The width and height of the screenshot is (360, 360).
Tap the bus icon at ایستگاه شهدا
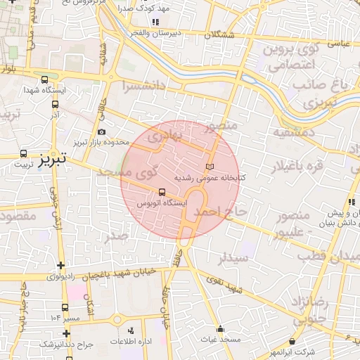[x=45, y=79]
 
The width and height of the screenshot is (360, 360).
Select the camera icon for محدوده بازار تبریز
[x=103, y=132]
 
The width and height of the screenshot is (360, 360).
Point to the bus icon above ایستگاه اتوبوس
[x=162, y=191]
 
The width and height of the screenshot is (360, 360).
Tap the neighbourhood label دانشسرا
[x=145, y=88]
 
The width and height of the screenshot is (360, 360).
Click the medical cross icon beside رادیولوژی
[x=62, y=266]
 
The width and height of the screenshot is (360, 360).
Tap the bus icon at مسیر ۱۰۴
[x=65, y=307]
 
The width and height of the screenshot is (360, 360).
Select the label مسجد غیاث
[x=220, y=340]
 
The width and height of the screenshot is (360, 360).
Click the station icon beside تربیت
[x=24, y=153]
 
